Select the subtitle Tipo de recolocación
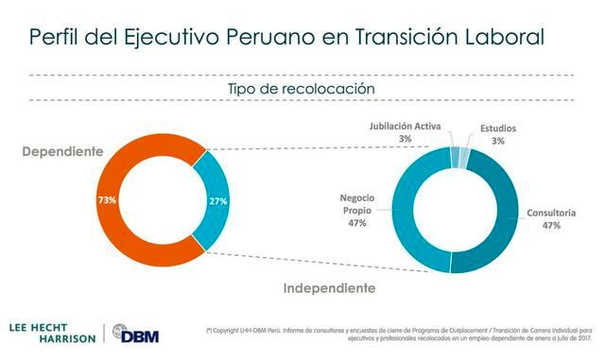302,88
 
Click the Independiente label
330,287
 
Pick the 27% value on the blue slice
218,200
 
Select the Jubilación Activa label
404,127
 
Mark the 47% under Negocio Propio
357,223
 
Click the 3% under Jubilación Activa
405,139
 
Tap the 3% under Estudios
497,140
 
